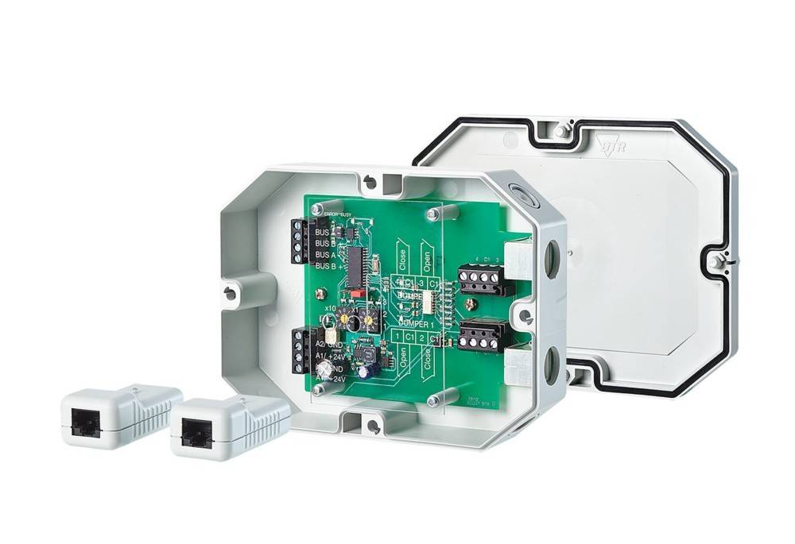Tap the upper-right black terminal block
click(482, 278)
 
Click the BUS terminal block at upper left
click(300, 241)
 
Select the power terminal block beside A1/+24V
click(300, 350)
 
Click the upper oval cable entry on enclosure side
click(551, 260)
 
